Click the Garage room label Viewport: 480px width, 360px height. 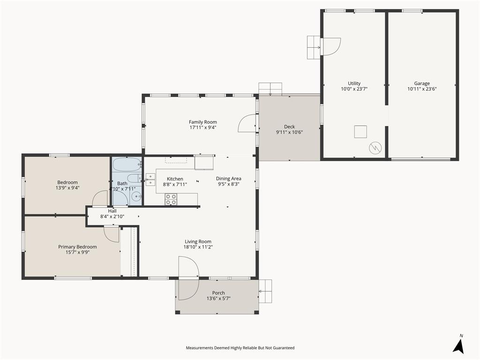click(422, 83)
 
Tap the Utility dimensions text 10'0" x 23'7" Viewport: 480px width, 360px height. click(354, 89)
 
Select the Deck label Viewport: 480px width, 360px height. click(289, 127)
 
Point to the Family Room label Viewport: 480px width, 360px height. click(203, 122)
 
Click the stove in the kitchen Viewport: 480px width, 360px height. click(171, 199)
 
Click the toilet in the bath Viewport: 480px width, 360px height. click(134, 179)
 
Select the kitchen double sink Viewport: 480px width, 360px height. click(150, 180)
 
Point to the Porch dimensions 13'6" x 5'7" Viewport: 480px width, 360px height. click(218, 299)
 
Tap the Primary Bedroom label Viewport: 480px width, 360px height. click(77, 247)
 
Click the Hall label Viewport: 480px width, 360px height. click(112, 211)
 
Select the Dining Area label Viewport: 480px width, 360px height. click(229, 178)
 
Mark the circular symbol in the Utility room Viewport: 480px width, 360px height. click(375, 148)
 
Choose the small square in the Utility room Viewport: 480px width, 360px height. click(360, 132)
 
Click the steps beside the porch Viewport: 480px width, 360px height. click(265, 291)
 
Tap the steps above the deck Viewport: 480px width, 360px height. click(270, 88)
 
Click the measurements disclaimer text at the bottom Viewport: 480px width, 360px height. click(240, 348)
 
